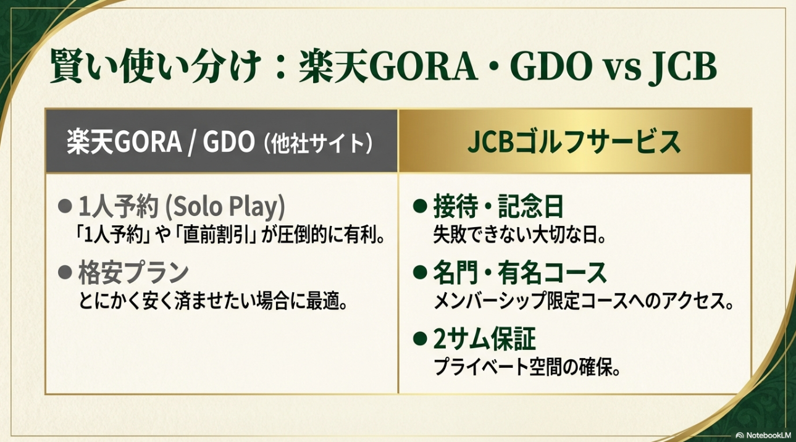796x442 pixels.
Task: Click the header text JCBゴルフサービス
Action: coord(574,141)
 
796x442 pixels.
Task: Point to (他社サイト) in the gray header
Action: coord(317,143)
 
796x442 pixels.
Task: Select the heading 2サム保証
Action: coord(484,340)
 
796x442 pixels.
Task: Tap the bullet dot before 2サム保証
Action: coord(420,339)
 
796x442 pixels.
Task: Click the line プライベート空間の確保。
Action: coord(527,367)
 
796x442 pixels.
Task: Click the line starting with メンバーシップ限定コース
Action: coord(584,301)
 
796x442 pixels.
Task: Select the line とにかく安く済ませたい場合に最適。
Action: coord(213,301)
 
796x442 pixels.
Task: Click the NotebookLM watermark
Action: coord(763,435)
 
